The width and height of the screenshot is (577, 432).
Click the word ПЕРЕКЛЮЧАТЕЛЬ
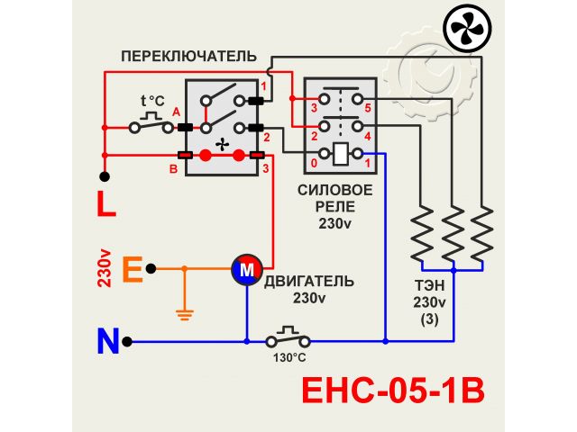(x=183, y=56)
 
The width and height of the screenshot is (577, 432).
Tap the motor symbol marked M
(x=246, y=268)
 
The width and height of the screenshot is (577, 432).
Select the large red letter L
(x=106, y=204)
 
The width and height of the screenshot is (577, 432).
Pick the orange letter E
(x=132, y=268)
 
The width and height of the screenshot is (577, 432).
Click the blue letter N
(x=108, y=342)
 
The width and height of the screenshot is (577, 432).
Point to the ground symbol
(x=185, y=314)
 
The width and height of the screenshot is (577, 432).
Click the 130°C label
(x=289, y=357)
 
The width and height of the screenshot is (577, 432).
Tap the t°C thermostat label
(x=152, y=100)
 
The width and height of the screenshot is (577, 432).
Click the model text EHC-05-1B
(x=391, y=393)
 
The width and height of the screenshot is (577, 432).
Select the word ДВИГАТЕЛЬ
(x=309, y=282)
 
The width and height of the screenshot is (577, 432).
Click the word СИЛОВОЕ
(x=334, y=190)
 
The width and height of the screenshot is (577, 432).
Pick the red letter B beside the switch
(x=174, y=167)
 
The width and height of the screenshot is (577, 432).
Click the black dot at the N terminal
(x=129, y=341)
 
